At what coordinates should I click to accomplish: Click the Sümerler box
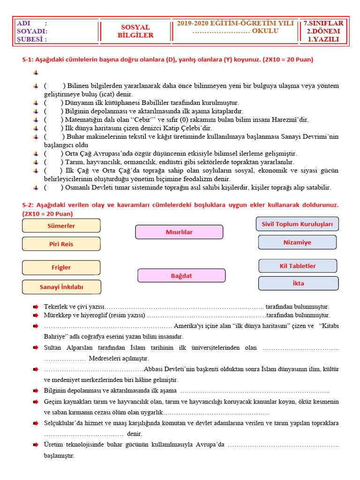tap(61, 225)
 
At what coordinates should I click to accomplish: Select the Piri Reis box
tap(61, 244)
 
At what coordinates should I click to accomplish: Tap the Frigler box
tap(61, 267)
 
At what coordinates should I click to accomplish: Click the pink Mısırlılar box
tap(179, 232)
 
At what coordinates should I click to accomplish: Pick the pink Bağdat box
tap(181, 276)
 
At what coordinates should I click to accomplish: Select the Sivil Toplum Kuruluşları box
tap(297, 224)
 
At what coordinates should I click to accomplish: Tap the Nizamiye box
tap(297, 242)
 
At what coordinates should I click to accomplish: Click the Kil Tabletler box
tap(298, 266)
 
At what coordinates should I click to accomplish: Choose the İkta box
tap(298, 284)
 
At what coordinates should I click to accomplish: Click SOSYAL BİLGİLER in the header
tap(135, 31)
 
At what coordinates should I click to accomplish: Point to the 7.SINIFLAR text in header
tap(323, 23)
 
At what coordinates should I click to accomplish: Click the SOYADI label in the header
tap(31, 31)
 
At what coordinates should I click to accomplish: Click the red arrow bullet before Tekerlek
tap(36, 306)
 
